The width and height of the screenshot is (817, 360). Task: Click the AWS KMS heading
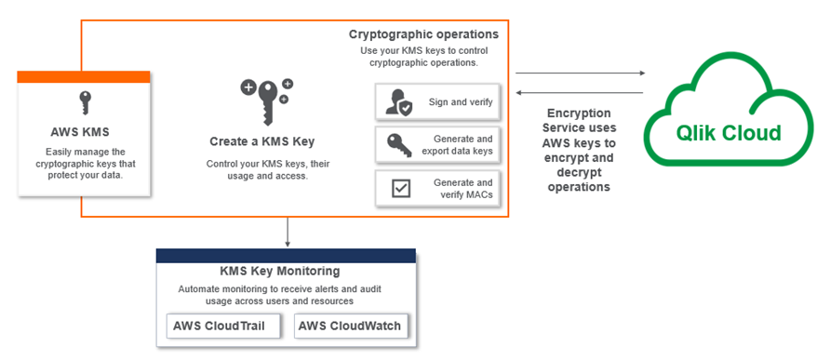83,131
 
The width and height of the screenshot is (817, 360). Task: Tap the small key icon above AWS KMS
84,101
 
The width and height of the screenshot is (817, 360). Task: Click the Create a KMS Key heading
261,142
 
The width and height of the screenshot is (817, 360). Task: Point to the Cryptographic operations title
423,34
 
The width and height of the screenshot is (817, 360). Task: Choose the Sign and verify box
436,101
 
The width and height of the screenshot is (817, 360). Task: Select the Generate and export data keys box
436,144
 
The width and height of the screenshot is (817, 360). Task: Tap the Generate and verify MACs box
436,188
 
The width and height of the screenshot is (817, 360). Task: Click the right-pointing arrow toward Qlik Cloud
579,72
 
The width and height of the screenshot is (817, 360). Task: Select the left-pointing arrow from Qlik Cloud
579,92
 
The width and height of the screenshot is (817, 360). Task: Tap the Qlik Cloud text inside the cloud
729,132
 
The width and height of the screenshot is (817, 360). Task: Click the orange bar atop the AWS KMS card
84,76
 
